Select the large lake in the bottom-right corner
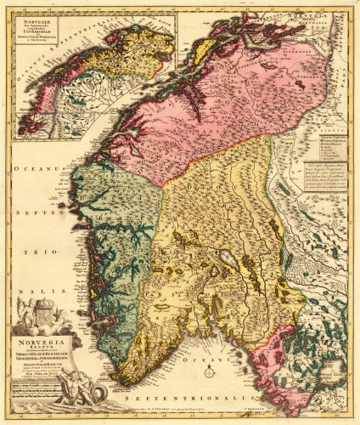[333, 372]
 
